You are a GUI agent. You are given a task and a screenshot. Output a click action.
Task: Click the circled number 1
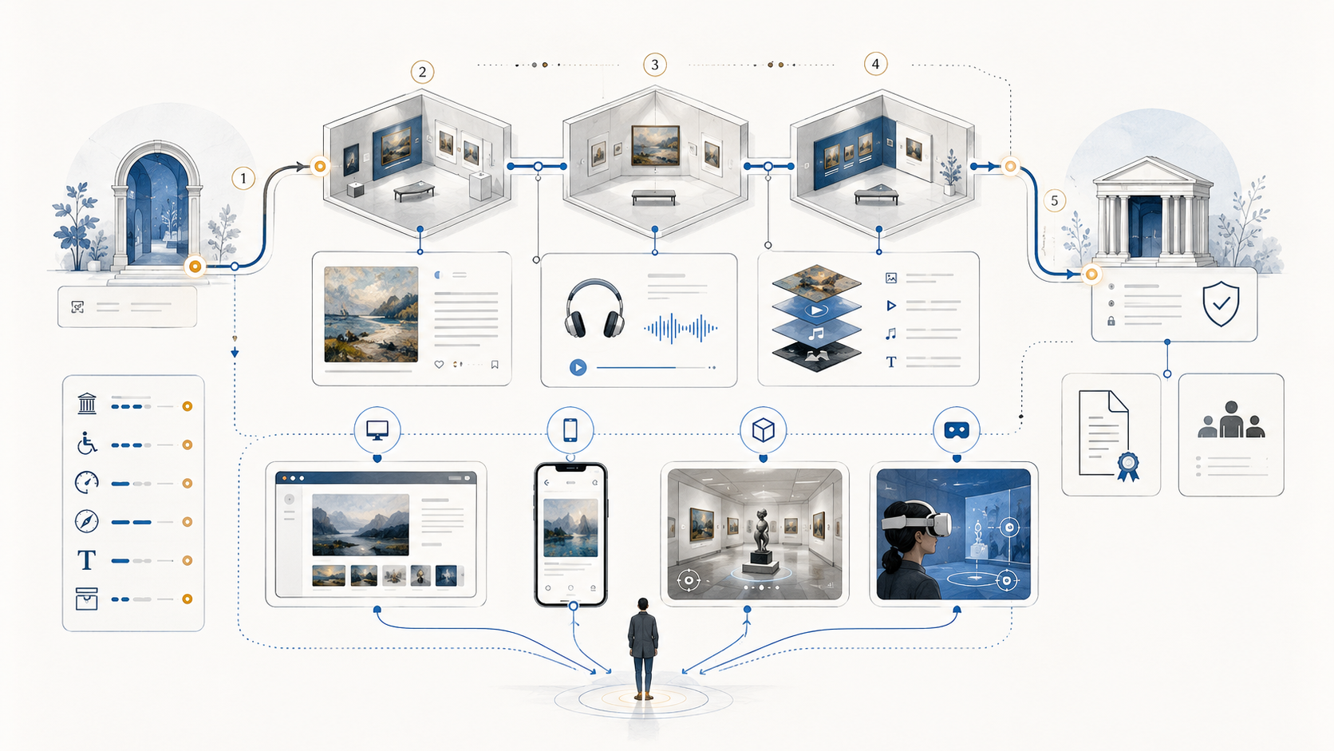[x=243, y=178]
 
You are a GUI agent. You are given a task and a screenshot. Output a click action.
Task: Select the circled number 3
[x=654, y=65]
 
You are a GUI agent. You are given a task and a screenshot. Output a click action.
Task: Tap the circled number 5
[x=1054, y=200]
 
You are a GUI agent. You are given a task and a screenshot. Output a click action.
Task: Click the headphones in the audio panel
[x=594, y=309]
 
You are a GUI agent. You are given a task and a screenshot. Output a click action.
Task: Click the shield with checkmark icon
[x=1221, y=304]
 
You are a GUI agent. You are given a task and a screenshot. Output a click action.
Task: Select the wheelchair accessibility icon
[x=87, y=444]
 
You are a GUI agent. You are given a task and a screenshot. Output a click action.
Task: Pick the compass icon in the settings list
[x=86, y=521]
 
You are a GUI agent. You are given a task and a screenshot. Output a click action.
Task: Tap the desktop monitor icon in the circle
[x=377, y=429]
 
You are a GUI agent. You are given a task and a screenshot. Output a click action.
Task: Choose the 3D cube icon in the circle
[x=763, y=429]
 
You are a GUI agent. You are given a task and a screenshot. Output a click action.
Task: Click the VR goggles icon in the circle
[x=957, y=430]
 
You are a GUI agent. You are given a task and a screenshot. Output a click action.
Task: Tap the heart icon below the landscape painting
[x=439, y=365]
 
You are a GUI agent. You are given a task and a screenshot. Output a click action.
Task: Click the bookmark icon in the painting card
[x=495, y=365]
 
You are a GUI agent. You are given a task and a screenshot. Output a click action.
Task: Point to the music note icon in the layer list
[x=891, y=334]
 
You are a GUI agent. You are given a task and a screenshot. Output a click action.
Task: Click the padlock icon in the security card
[x=1111, y=321]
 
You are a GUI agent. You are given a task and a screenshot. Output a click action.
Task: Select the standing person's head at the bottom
[x=642, y=604]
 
